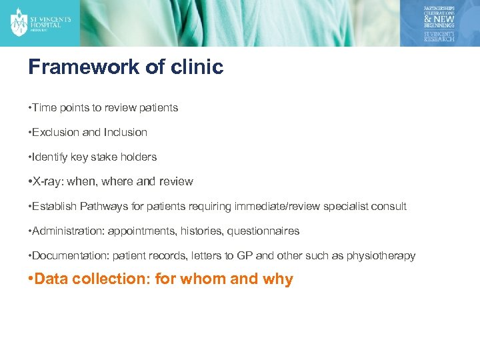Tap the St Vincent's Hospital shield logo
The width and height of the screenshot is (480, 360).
click(x=19, y=22)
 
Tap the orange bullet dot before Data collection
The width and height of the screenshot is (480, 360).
click(x=31, y=279)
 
